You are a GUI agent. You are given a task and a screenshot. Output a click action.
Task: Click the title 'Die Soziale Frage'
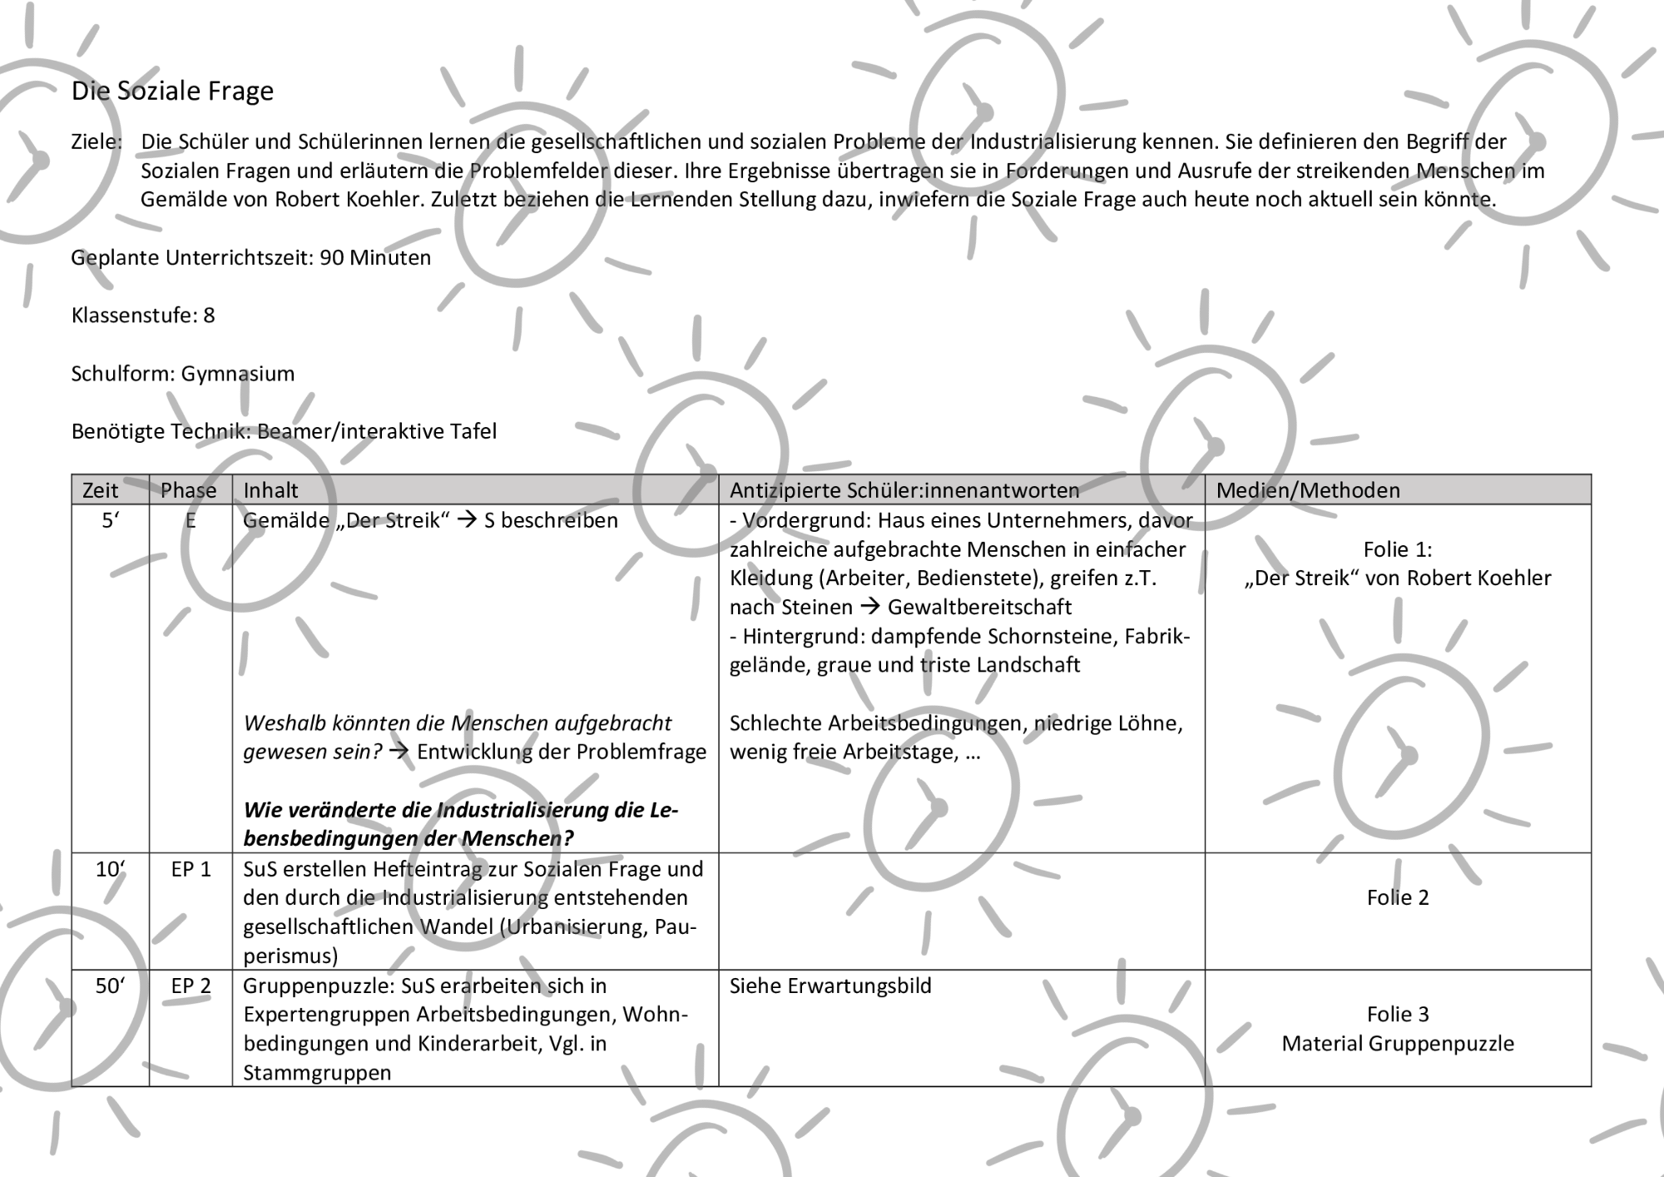tap(172, 91)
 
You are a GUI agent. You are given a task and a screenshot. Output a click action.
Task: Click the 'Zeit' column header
tap(100, 490)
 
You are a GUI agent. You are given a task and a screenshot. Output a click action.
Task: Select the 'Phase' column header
tap(188, 490)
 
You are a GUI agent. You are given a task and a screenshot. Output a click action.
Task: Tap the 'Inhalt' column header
tap(270, 490)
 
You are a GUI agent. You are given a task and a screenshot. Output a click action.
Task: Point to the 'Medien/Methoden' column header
tap(1308, 490)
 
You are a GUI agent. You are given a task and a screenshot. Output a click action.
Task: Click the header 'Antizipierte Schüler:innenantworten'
tap(904, 490)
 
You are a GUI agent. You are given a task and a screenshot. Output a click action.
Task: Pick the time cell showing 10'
tap(110, 869)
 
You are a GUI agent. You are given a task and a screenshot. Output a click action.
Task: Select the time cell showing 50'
tap(110, 986)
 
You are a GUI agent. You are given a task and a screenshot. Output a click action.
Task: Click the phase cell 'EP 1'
tap(191, 869)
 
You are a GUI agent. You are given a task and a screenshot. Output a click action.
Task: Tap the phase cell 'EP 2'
tap(191, 986)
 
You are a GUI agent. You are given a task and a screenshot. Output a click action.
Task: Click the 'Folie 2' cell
tap(1398, 897)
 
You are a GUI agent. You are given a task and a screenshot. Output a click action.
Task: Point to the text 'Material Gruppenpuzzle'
tap(1398, 1043)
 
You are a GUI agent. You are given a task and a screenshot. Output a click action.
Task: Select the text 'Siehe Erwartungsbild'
tap(830, 986)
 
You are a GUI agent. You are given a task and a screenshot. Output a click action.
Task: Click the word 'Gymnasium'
tap(238, 374)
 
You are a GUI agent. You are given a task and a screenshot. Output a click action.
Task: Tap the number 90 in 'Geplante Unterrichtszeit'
tap(331, 257)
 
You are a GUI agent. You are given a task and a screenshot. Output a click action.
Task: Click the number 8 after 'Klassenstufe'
tap(209, 315)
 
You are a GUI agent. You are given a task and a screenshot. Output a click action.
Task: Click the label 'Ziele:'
tap(97, 142)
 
